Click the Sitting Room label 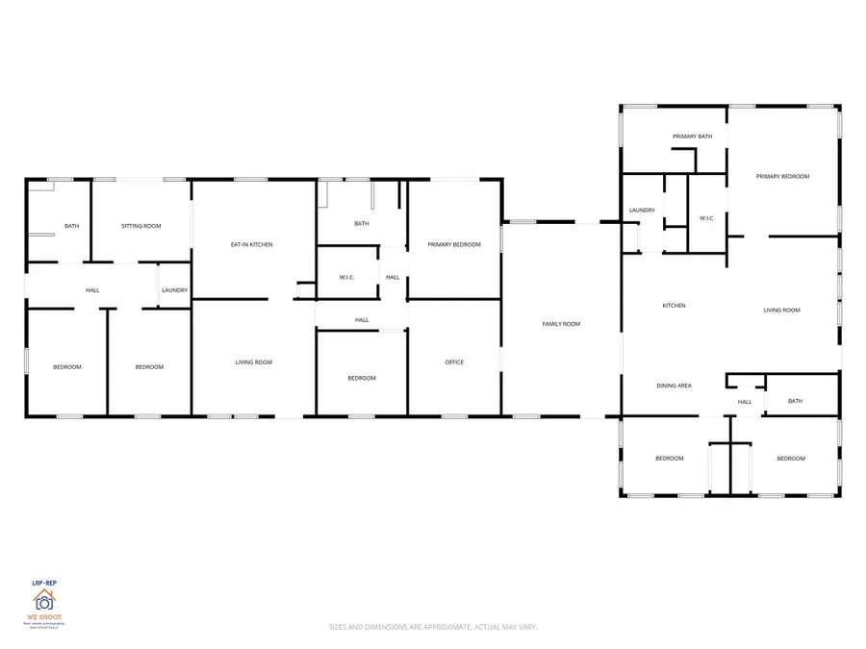pyautogui.click(x=141, y=226)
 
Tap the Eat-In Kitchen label pyautogui.click(x=252, y=245)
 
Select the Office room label pyautogui.click(x=454, y=362)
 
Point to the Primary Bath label pyautogui.click(x=692, y=137)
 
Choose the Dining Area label pyautogui.click(x=674, y=386)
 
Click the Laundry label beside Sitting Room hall pyautogui.click(x=174, y=290)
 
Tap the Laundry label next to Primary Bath pyautogui.click(x=642, y=210)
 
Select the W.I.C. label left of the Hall pyautogui.click(x=347, y=278)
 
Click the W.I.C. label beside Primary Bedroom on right pyautogui.click(x=705, y=217)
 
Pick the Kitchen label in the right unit pyautogui.click(x=674, y=306)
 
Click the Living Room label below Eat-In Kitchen pyautogui.click(x=254, y=362)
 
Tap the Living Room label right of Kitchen pyautogui.click(x=781, y=310)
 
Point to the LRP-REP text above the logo pyautogui.click(x=44, y=582)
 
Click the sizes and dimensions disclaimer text pyautogui.click(x=432, y=627)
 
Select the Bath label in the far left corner pyautogui.click(x=72, y=226)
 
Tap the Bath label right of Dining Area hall pyautogui.click(x=795, y=401)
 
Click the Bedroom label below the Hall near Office pyautogui.click(x=362, y=378)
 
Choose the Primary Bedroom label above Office pyautogui.click(x=454, y=245)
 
